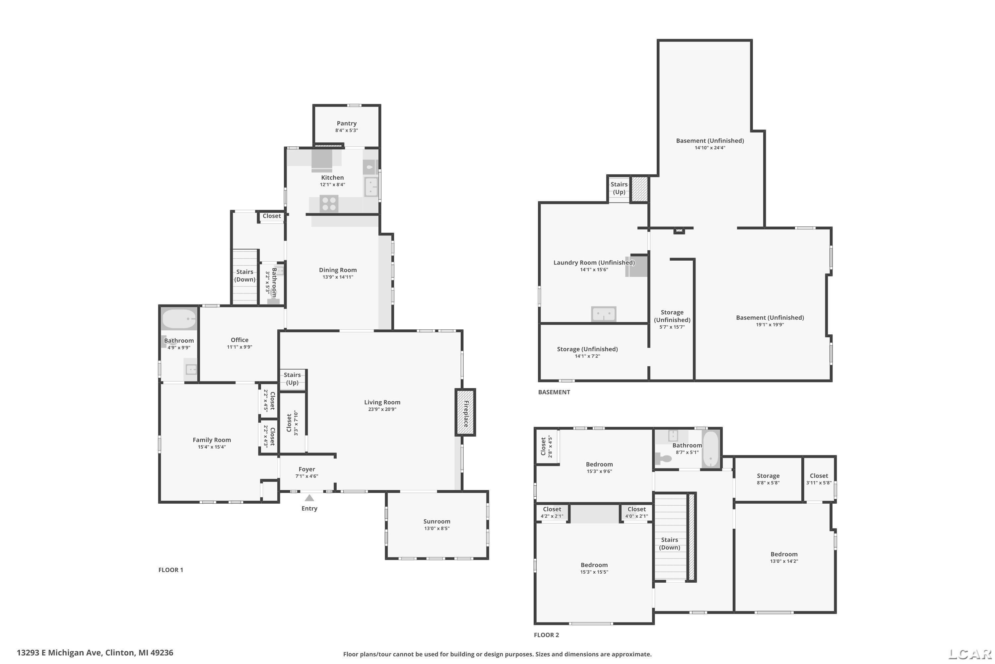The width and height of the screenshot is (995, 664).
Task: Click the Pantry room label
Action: tap(347, 124)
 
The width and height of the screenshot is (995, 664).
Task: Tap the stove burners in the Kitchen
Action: tap(329, 203)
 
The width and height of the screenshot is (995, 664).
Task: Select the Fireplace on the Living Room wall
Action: tap(465, 412)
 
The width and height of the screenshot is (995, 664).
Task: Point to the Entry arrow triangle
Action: tap(309, 498)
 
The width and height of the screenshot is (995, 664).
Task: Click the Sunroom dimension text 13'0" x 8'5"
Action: tap(436, 529)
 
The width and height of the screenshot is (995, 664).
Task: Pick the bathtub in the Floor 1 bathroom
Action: tap(179, 319)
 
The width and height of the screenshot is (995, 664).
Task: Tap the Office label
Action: tap(239, 340)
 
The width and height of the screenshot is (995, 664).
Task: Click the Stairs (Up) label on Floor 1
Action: tap(292, 378)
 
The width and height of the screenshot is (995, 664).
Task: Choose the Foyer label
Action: tap(307, 469)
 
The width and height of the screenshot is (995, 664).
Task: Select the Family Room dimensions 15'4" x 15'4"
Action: tap(212, 447)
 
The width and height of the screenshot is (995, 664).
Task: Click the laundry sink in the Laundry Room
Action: tap(604, 314)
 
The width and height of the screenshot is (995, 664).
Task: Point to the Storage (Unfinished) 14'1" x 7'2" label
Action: tap(587, 352)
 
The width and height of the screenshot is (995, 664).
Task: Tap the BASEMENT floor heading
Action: tap(554, 392)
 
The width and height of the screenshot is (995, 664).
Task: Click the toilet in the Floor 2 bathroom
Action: tap(663, 458)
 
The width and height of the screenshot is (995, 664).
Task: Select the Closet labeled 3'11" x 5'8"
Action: tap(819, 479)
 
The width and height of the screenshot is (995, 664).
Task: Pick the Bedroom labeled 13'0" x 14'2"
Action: tap(784, 558)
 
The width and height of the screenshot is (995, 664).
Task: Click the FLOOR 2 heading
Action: tap(546, 635)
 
